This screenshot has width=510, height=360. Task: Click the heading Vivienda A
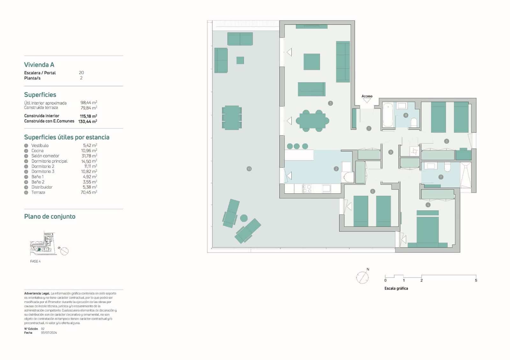coord(39,65)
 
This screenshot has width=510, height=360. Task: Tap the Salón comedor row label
coord(45,156)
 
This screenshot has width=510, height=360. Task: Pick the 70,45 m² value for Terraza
coord(89,192)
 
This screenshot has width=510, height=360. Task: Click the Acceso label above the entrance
coord(367,96)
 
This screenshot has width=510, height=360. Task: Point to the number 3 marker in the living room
coord(331,103)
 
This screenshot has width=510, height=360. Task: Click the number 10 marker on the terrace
coord(249,169)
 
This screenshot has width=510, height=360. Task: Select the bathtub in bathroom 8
coord(388,115)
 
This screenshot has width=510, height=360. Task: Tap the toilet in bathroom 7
coord(448,167)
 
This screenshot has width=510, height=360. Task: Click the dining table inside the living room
coord(312,121)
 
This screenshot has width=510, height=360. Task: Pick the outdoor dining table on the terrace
coord(232,118)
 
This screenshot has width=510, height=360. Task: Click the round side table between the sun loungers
coord(244,218)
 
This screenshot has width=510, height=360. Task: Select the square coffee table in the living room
coord(312,62)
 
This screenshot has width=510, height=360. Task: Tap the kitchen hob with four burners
coord(308,189)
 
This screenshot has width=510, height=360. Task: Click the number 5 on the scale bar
coord(476,280)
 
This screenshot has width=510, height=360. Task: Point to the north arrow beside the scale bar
coord(362,277)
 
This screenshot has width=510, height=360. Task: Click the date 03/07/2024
coord(49,333)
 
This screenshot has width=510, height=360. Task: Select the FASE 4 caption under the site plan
coord(35,261)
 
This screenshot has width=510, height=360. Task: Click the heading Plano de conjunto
coord(50,217)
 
